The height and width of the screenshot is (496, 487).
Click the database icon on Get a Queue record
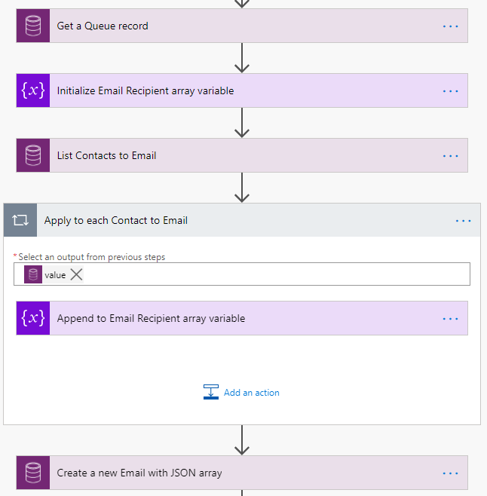(32, 26)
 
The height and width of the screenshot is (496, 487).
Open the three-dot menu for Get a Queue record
(450, 26)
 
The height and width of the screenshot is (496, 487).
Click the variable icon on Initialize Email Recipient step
(32, 90)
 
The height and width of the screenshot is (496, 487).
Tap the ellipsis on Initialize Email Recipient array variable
(450, 90)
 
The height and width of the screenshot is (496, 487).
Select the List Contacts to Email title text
(106, 155)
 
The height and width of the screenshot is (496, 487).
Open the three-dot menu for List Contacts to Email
(450, 155)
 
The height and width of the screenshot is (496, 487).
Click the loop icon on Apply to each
(20, 220)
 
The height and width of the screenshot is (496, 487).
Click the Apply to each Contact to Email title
(115, 220)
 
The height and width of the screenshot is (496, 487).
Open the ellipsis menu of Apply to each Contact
(463, 220)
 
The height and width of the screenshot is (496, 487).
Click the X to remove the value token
(76, 274)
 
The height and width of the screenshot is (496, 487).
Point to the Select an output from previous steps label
(91, 257)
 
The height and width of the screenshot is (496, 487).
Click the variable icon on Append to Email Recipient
(32, 318)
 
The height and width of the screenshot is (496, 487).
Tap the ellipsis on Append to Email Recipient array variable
(450, 318)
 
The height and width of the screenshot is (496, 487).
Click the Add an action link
(251, 393)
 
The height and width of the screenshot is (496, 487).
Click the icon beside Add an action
(211, 392)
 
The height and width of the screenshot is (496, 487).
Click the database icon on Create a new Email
(32, 473)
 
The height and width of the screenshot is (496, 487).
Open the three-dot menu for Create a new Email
(450, 473)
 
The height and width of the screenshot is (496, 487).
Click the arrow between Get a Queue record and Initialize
(242, 58)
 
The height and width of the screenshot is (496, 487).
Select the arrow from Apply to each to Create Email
(242, 440)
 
